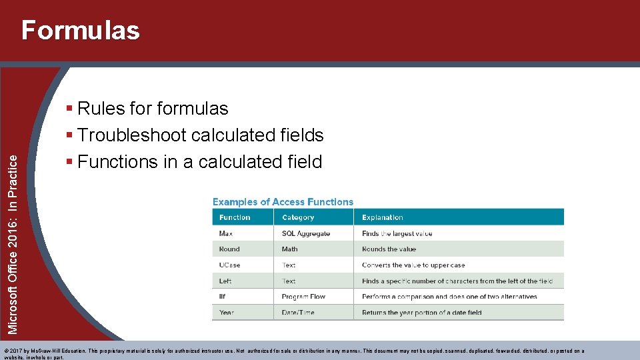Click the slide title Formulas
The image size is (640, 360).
click(x=81, y=31)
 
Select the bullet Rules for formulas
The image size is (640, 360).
click(x=152, y=108)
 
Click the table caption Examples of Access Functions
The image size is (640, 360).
click(x=283, y=202)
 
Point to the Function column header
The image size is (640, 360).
click(x=235, y=217)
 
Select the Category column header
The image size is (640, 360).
click(x=298, y=217)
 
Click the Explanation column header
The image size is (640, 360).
click(x=383, y=217)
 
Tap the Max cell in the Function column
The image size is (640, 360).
click(x=225, y=233)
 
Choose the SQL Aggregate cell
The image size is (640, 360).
click(x=306, y=233)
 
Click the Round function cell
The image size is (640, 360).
click(x=229, y=249)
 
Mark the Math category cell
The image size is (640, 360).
click(x=290, y=249)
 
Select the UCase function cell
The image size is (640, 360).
click(x=230, y=265)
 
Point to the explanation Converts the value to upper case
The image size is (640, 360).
click(x=413, y=265)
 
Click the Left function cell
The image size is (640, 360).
click(x=225, y=281)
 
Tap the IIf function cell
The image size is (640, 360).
click(x=223, y=297)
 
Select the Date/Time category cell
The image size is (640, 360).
click(x=298, y=313)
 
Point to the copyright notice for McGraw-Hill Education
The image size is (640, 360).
click(x=293, y=351)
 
